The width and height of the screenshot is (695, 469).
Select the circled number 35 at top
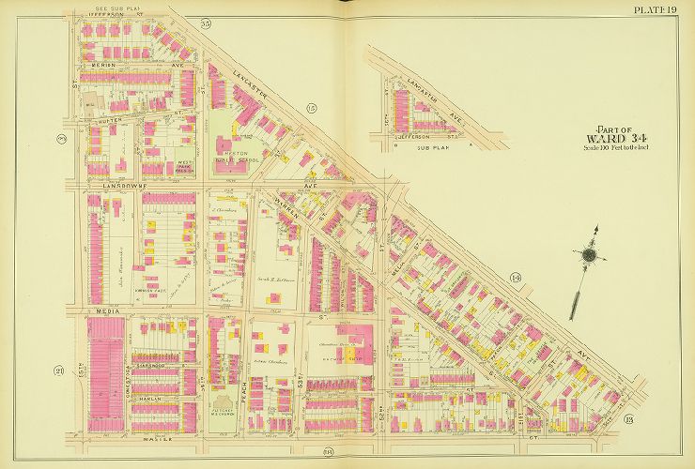206,22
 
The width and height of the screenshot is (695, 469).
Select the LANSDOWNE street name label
109,187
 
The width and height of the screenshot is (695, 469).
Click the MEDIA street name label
103,310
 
